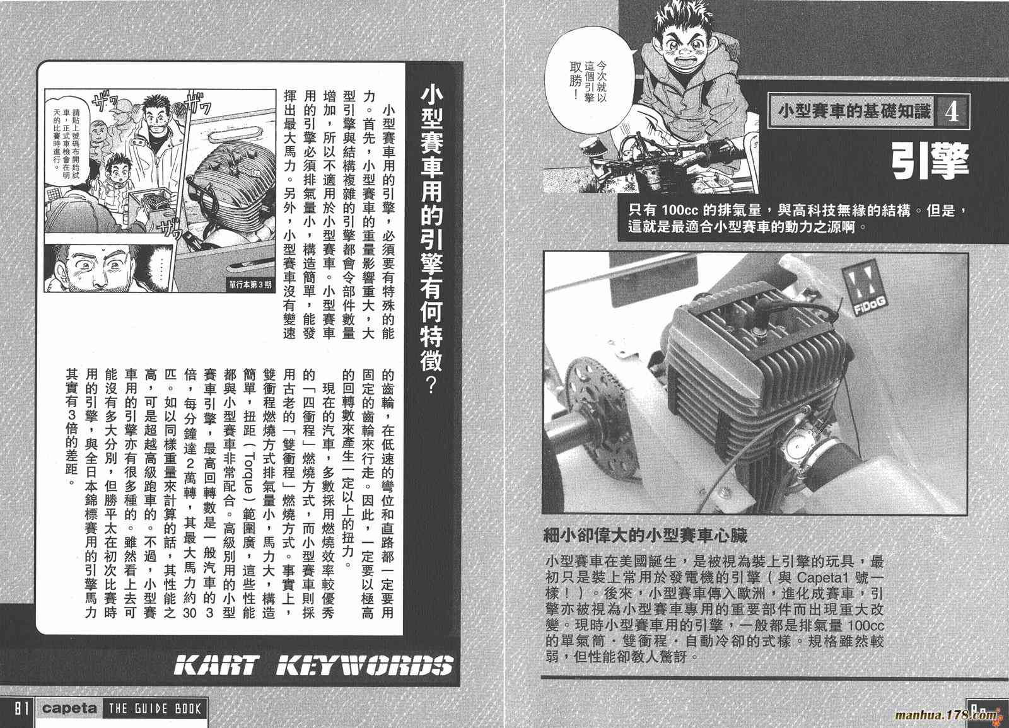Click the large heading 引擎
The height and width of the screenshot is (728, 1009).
(x=930, y=161)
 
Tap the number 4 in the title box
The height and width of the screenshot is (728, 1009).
(x=952, y=112)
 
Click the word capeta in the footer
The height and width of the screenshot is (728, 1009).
(x=69, y=708)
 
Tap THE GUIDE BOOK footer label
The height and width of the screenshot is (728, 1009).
(x=155, y=710)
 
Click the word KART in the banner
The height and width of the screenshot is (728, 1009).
(x=216, y=666)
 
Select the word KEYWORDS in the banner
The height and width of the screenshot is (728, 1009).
(x=365, y=666)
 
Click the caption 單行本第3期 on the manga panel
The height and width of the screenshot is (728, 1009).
(x=250, y=284)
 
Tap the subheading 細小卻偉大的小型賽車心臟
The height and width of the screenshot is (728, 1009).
(x=646, y=535)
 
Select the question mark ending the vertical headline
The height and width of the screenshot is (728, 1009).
(x=431, y=385)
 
